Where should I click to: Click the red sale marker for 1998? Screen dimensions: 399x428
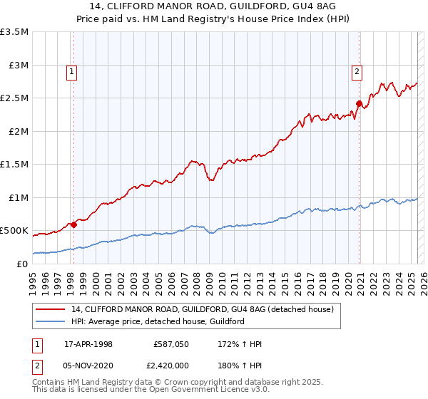tap(73, 225)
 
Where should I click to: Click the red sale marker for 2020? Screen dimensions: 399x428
tap(359, 103)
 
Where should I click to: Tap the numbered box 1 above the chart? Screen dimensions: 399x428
tap(73, 71)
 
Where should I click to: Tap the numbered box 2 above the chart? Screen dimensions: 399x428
tap(356, 71)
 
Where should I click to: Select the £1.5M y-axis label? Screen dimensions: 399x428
tap(14, 165)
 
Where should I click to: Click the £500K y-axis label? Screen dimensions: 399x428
tap(14, 231)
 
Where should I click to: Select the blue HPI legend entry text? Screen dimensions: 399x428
tap(158, 321)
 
